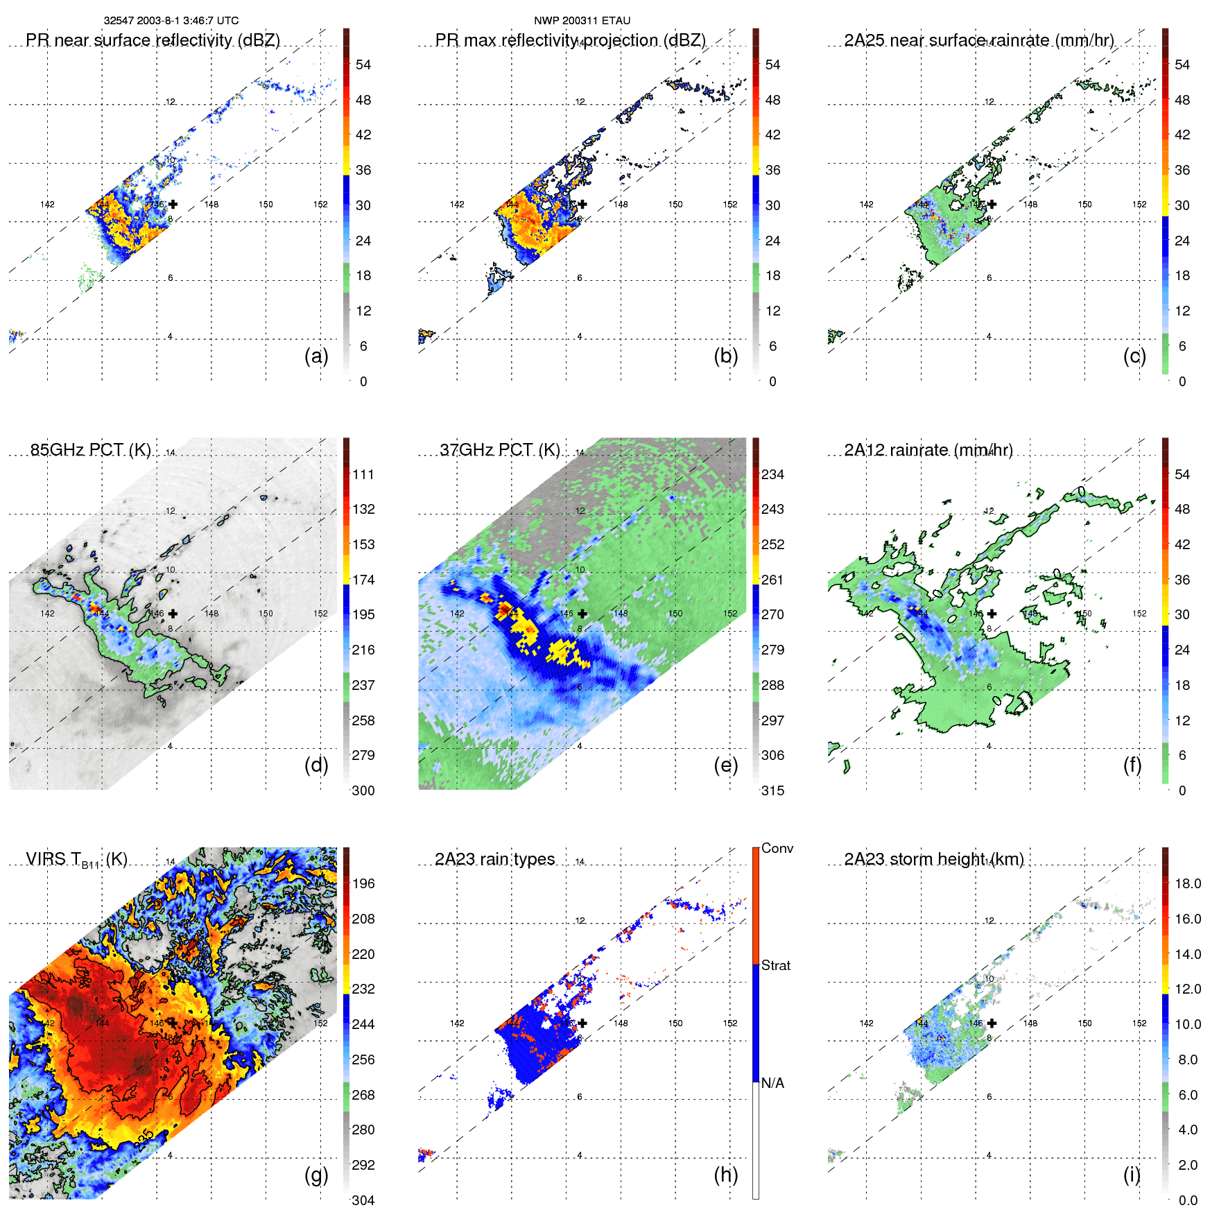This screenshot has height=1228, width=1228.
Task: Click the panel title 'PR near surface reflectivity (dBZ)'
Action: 153,40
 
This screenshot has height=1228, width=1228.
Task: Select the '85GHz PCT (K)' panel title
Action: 90,450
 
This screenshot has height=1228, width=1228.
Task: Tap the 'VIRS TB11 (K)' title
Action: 76,860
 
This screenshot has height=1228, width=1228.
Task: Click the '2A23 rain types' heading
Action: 494,859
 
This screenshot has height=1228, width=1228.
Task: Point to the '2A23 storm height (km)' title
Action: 933,859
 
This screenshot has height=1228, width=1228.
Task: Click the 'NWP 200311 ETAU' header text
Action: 582,21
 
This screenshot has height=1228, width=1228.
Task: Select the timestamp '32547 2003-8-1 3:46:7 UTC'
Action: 171,21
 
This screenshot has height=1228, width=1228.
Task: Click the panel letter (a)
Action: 316,356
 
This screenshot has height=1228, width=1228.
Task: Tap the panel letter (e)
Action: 725,765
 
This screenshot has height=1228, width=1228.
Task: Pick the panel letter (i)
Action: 1132,1175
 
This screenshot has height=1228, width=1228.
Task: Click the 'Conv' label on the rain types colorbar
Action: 777,848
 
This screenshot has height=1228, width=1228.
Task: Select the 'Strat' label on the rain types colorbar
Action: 775,965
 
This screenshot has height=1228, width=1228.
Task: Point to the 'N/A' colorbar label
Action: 772,1083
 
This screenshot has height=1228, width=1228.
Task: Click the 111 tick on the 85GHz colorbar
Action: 363,474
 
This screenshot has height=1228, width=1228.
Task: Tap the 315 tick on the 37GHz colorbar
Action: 772,790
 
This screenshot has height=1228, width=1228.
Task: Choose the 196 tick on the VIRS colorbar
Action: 363,883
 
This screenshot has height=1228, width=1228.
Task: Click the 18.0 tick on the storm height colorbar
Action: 1187,883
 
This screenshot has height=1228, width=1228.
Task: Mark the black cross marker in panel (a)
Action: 173,204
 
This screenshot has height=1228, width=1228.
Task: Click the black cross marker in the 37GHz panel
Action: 582,614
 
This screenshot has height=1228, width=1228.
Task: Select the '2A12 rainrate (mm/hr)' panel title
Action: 928,450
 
